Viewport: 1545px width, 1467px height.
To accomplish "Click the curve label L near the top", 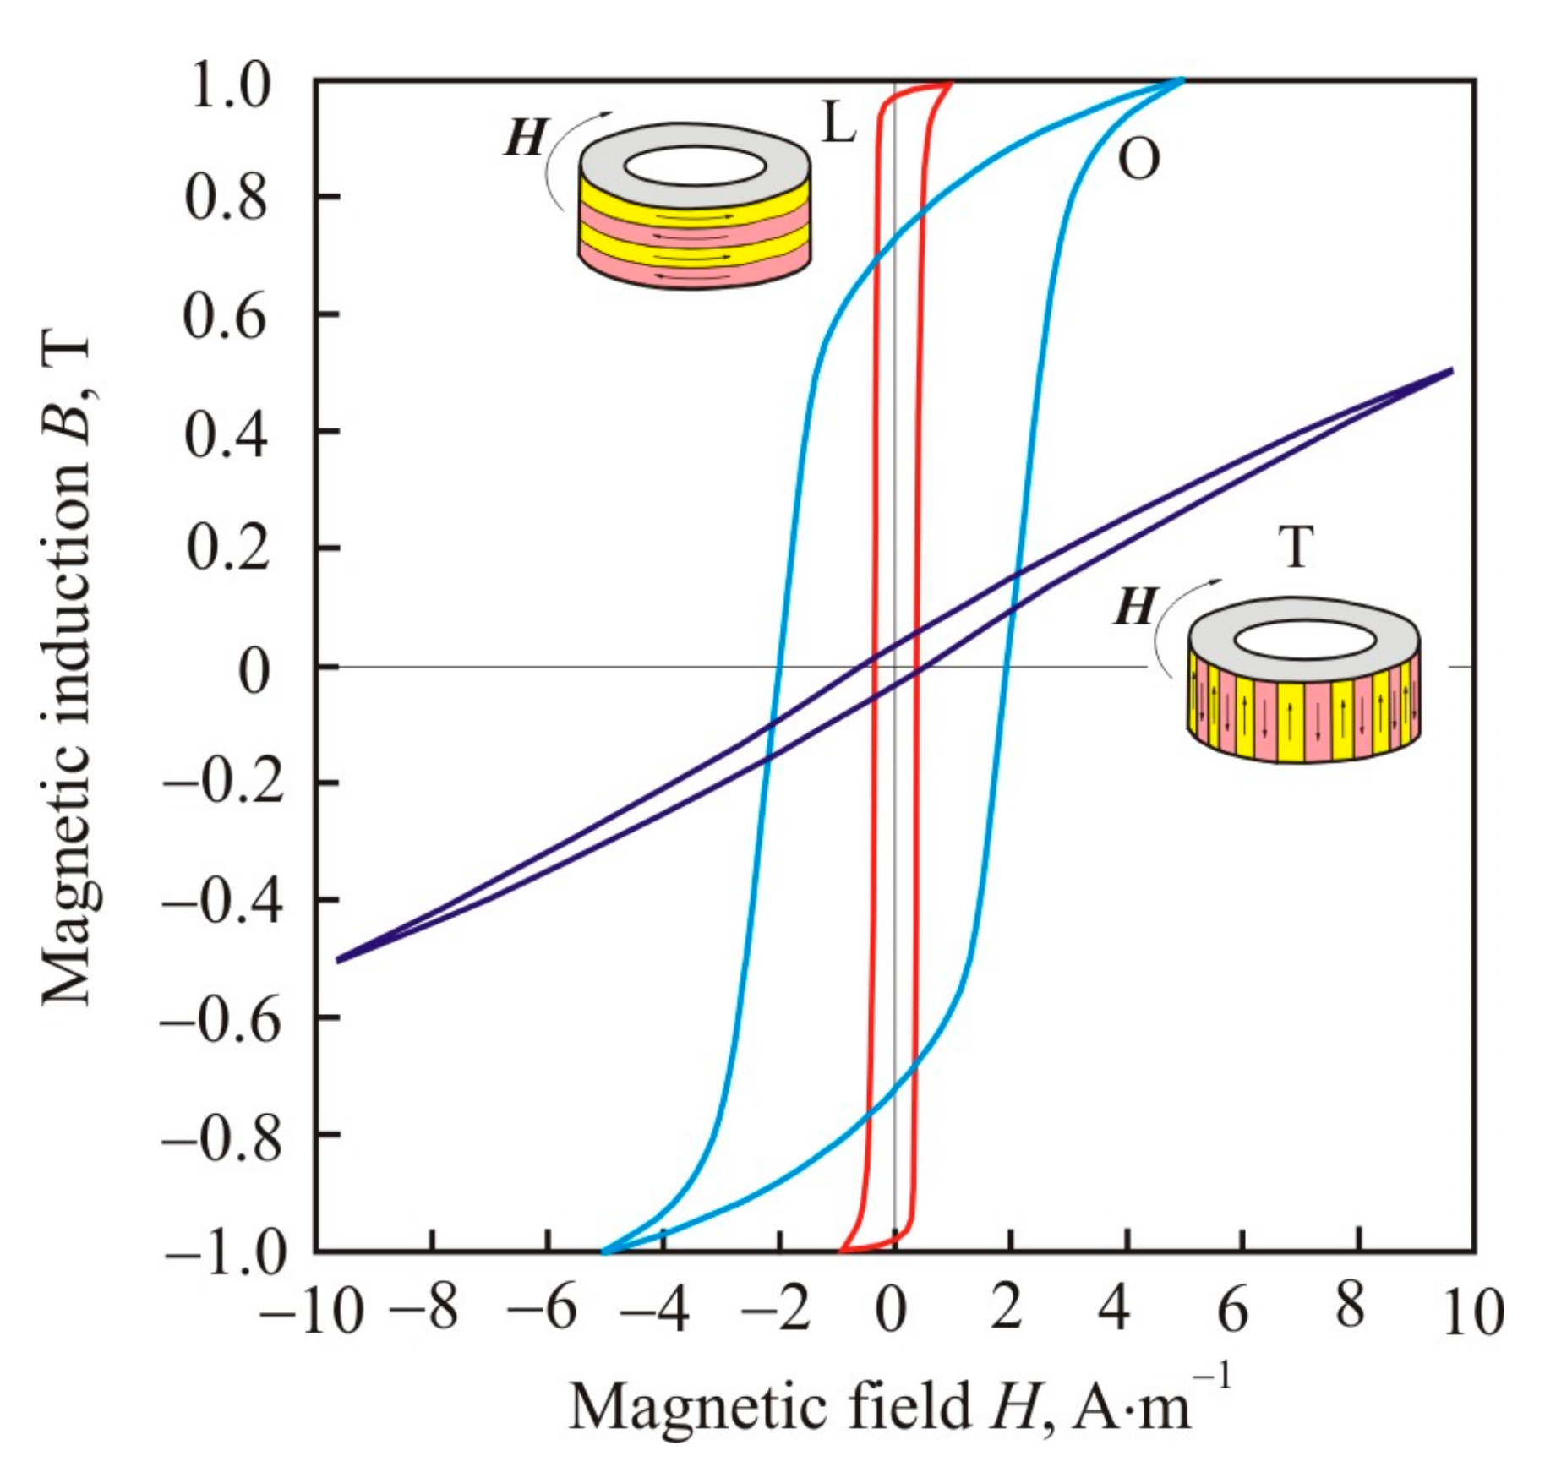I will point(838,124).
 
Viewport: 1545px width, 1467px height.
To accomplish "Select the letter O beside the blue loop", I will point(1138,158).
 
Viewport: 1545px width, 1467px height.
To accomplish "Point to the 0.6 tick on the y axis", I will point(226,315).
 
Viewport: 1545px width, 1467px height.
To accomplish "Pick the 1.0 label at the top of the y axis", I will point(230,85).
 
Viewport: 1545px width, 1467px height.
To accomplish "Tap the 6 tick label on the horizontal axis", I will point(1232,1311).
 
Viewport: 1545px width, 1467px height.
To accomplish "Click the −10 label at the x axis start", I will point(311,1312).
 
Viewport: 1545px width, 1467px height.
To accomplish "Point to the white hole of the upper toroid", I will point(695,166).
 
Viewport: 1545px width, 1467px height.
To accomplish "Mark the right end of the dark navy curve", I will point(1450,370).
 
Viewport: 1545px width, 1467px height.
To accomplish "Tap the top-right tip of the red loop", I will point(951,83).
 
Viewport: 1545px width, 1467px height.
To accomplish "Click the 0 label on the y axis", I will point(253,670).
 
